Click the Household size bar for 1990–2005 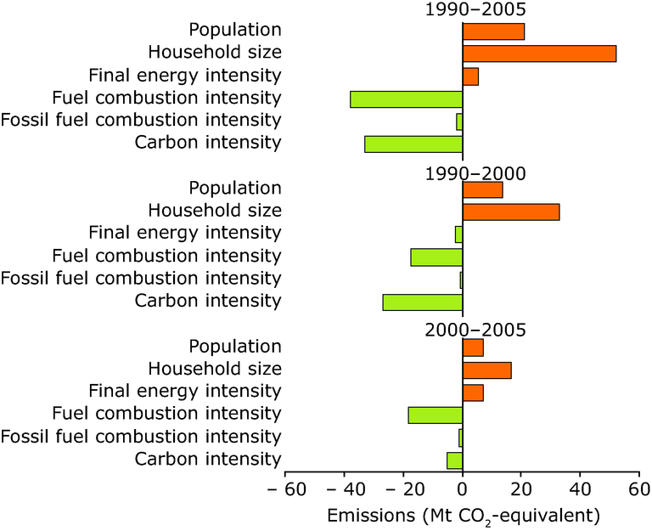coord(539,54)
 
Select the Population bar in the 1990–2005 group coord(493,31)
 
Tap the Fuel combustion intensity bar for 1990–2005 coord(406,99)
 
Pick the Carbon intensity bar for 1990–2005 coord(413,144)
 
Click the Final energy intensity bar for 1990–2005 coord(470,76)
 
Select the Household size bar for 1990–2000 coord(511,212)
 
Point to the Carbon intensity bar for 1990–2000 coord(422,302)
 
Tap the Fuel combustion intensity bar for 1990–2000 coord(436,257)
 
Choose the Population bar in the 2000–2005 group coord(473,347)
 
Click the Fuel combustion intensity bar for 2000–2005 coord(435,415)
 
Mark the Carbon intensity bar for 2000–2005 coord(454,460)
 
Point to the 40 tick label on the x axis coord(581,490)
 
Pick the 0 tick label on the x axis coord(463,490)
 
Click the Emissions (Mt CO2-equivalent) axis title coord(463,516)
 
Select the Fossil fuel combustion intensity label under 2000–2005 coord(140,437)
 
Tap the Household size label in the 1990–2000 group coord(214,210)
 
